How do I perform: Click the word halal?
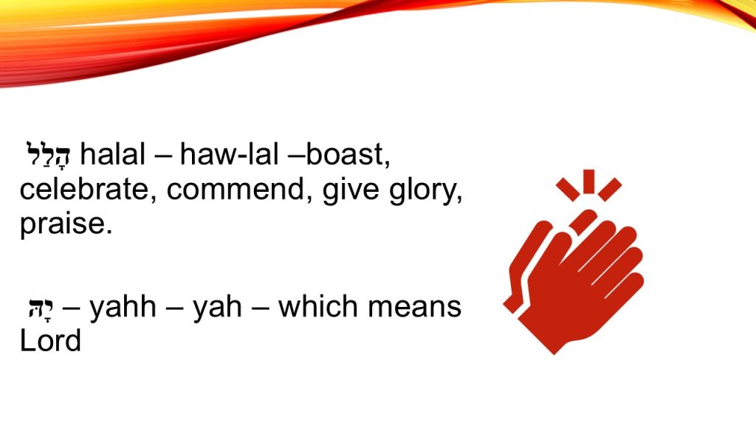(x=112, y=155)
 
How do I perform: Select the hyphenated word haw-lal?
(x=229, y=155)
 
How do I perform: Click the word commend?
(x=236, y=190)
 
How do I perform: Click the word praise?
(x=66, y=224)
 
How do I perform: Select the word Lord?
(x=50, y=341)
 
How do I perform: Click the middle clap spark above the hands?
(x=588, y=182)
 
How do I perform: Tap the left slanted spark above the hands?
(x=568, y=189)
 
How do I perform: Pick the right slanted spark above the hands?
(x=609, y=190)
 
